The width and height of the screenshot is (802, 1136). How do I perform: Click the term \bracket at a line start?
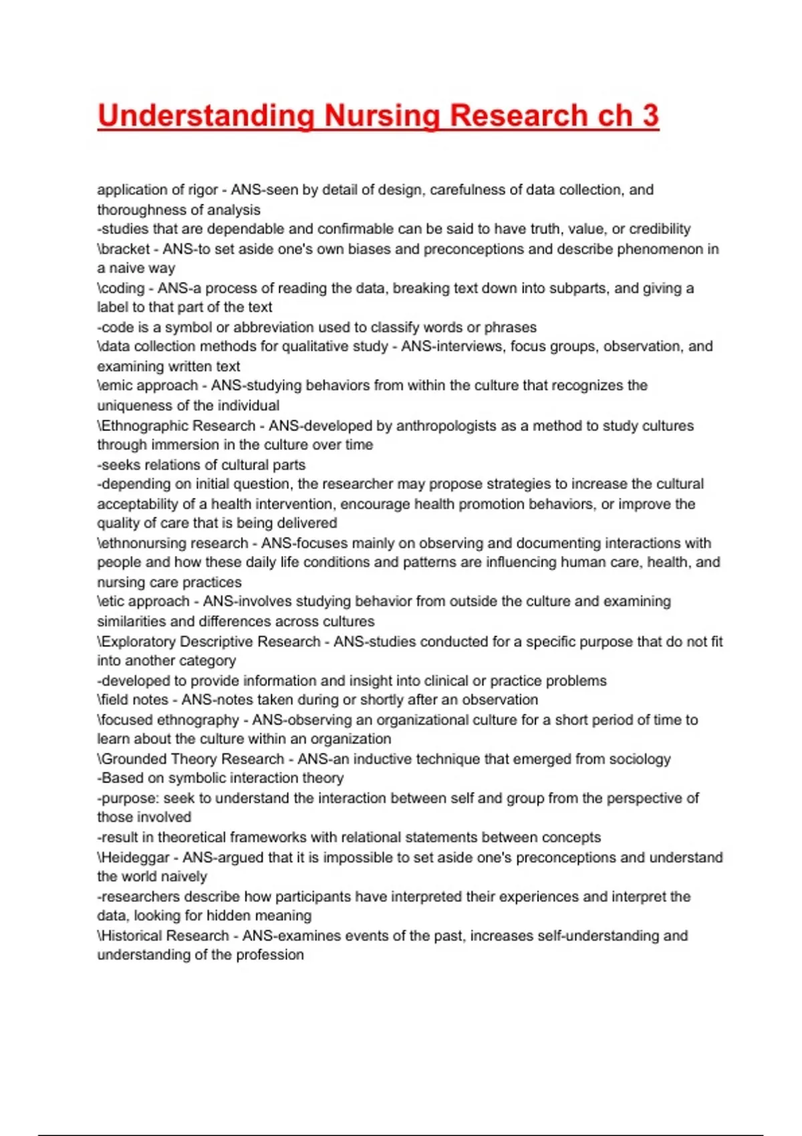124,249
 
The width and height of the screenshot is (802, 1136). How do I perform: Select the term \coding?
121,288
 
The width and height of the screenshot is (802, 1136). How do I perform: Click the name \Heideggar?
133,857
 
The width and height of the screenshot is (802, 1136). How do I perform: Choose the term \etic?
112,601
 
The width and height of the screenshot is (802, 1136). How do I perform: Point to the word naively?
181,876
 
